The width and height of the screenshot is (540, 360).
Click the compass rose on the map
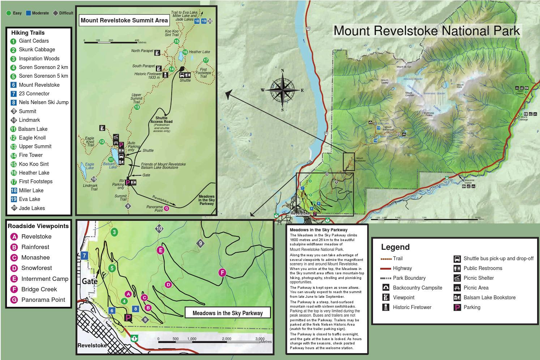click(282, 90)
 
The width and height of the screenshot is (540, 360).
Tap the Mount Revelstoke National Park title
click(427, 31)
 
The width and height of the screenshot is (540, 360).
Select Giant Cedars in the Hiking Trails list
click(34, 41)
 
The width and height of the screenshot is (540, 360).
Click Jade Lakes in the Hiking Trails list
click(32, 208)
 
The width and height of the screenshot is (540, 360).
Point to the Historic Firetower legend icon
click(386, 307)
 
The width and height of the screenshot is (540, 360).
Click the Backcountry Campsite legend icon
click(386, 288)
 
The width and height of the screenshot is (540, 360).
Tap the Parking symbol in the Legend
click(457, 307)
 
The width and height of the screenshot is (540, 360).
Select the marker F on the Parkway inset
click(222, 273)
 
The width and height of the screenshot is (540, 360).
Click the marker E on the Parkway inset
click(161, 250)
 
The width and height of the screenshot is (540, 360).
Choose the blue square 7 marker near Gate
click(85, 256)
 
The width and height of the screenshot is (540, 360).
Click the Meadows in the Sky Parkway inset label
click(227, 313)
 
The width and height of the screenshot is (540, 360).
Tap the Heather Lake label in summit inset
click(199, 52)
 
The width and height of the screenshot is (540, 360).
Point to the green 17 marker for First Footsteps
click(206, 60)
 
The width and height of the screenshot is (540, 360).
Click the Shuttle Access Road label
click(161, 120)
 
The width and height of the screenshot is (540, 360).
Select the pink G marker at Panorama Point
click(166, 208)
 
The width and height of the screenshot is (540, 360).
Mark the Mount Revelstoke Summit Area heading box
click(124, 20)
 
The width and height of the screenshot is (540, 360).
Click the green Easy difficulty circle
click(8, 13)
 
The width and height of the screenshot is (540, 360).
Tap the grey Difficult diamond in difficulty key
click(55, 13)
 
